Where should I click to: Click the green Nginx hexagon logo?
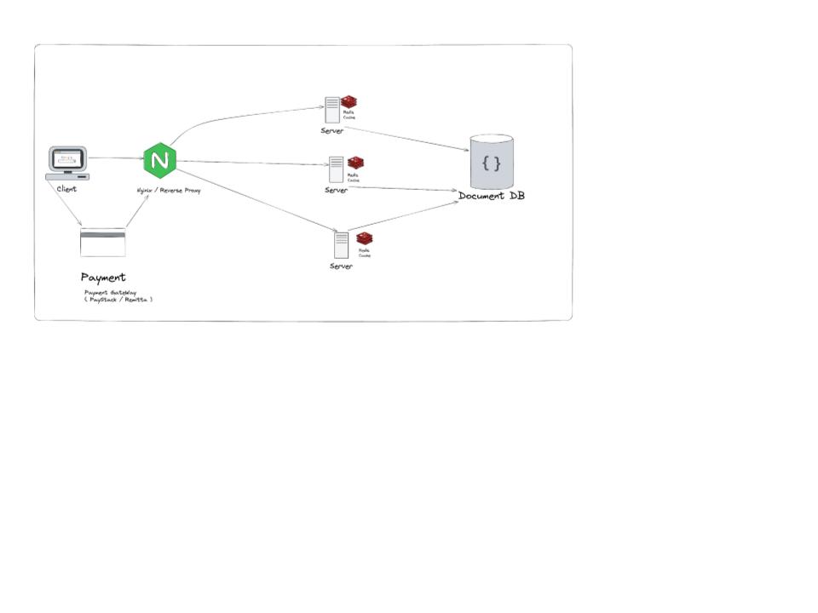[159, 160]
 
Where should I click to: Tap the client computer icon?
[66, 163]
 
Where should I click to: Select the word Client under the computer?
[66, 189]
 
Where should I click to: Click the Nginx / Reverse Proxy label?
[169, 191]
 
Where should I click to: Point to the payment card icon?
[102, 242]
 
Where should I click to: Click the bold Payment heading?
[103, 278]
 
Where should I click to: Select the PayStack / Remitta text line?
[118, 300]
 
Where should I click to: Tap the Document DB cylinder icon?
[492, 162]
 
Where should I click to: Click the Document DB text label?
[492, 197]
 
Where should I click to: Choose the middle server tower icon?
[337, 169]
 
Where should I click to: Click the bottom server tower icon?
[341, 245]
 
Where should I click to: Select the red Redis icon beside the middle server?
[355, 163]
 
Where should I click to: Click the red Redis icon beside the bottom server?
[365, 238]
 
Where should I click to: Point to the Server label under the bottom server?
[341, 266]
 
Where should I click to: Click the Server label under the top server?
[331, 131]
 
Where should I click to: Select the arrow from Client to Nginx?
[115, 158]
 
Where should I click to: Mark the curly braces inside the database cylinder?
[491, 162]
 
